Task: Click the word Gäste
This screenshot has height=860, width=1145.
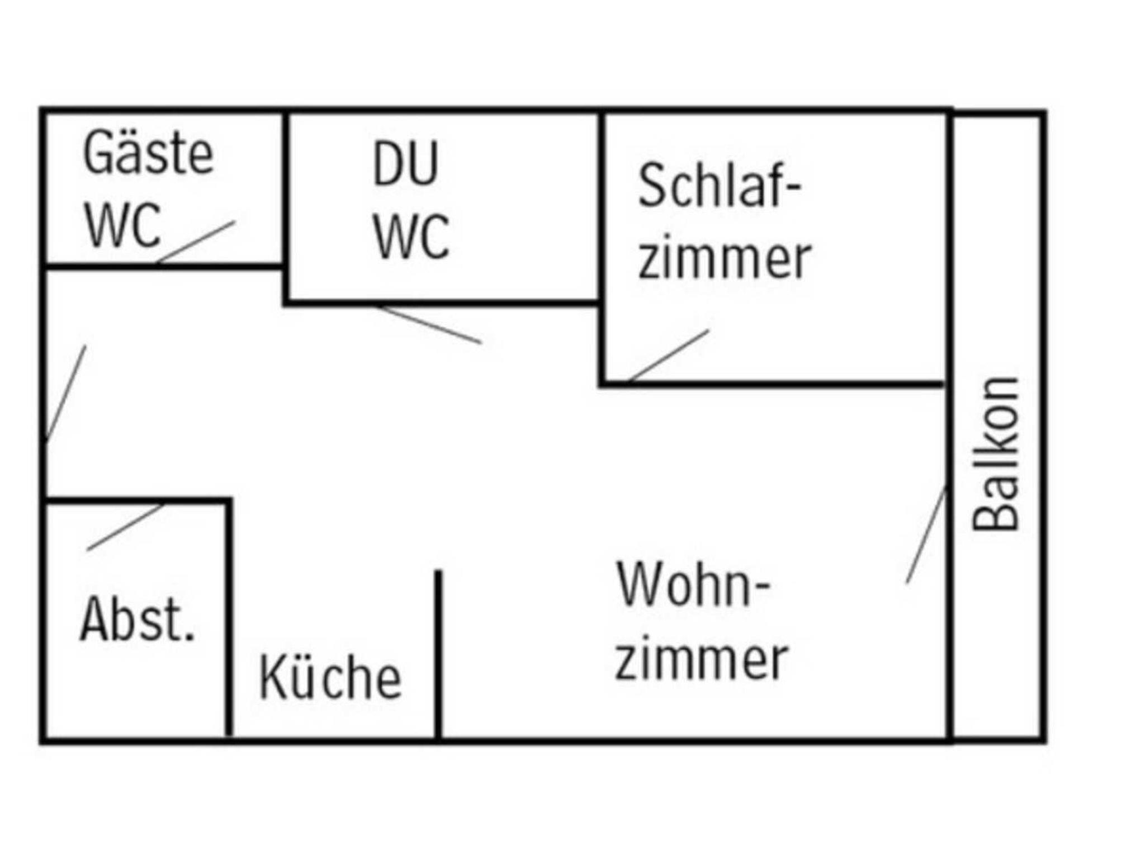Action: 148,153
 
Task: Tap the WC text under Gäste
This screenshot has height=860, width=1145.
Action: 123,225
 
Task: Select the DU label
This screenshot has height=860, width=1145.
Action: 405,164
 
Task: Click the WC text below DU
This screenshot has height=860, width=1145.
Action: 411,237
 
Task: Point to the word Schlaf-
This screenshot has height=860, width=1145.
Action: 720,186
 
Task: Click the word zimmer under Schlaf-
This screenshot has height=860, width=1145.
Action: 724,258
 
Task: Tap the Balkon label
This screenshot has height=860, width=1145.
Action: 996,454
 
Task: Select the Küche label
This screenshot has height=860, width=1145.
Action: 330,678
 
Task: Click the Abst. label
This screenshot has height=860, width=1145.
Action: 138,620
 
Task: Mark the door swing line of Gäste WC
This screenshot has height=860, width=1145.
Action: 196,242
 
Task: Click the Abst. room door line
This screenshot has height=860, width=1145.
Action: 125,527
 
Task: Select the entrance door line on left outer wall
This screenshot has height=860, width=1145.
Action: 65,394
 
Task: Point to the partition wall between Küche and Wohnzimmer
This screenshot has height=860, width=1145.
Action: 438,654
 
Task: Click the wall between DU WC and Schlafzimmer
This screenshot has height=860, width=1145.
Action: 602,207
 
